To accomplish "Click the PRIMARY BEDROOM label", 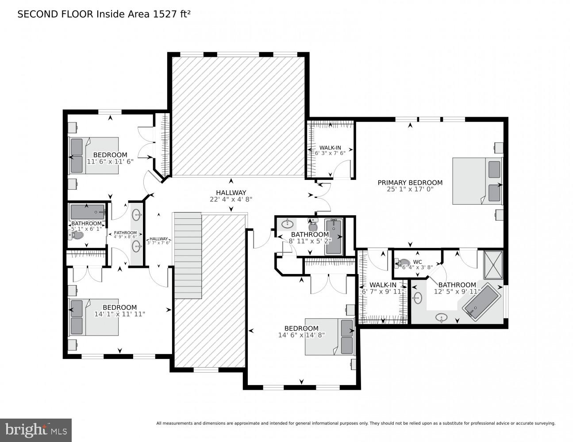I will point(410,183).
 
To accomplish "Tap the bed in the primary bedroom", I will point(477,181).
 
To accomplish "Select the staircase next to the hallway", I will point(188,255).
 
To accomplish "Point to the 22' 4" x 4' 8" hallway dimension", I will point(231,199).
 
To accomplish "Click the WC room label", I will point(417,262).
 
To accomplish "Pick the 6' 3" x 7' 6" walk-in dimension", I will point(331,153).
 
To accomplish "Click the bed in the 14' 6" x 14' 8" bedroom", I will point(330,336).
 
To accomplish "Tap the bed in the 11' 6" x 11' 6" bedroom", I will point(93,155).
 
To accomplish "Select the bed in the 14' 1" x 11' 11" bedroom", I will point(93,317).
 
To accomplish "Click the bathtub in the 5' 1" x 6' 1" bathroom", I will point(87,212).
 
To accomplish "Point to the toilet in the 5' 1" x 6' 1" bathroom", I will point(77,235).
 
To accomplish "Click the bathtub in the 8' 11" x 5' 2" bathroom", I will point(333,237).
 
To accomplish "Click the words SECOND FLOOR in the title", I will point(55,14).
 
